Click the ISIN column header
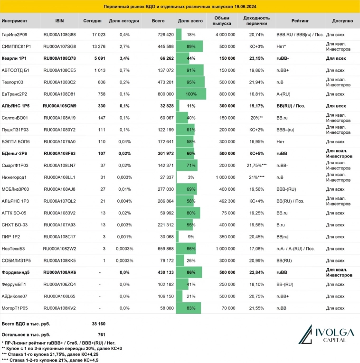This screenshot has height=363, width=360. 59,21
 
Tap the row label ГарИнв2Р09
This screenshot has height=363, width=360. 15,35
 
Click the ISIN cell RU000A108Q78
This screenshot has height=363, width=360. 59,58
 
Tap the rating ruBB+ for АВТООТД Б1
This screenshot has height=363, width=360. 284,70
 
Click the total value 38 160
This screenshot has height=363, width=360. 98,324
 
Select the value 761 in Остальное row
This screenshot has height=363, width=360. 101,334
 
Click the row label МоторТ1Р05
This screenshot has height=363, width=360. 15,308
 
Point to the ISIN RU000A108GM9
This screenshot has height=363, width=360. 59,106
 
